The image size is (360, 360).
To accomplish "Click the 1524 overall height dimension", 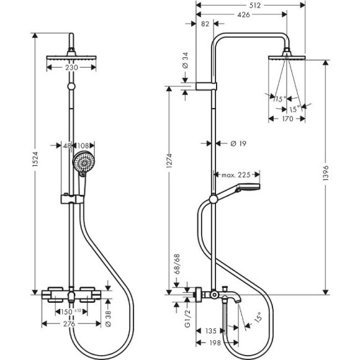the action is click(35, 159).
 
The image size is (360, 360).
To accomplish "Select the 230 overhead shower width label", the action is click(71, 68).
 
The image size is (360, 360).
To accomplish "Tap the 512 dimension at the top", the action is click(254, 6).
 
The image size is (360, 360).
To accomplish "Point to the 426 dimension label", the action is click(243, 15).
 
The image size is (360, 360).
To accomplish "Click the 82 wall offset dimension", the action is click(205, 24).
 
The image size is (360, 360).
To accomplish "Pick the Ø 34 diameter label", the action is click(185, 60).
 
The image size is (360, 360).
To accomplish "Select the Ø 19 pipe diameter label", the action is click(238, 144).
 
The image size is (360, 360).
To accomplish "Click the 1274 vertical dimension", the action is click(169, 161).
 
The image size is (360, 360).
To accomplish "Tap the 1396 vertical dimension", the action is click(326, 173).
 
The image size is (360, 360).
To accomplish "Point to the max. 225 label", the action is click(236, 175).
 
